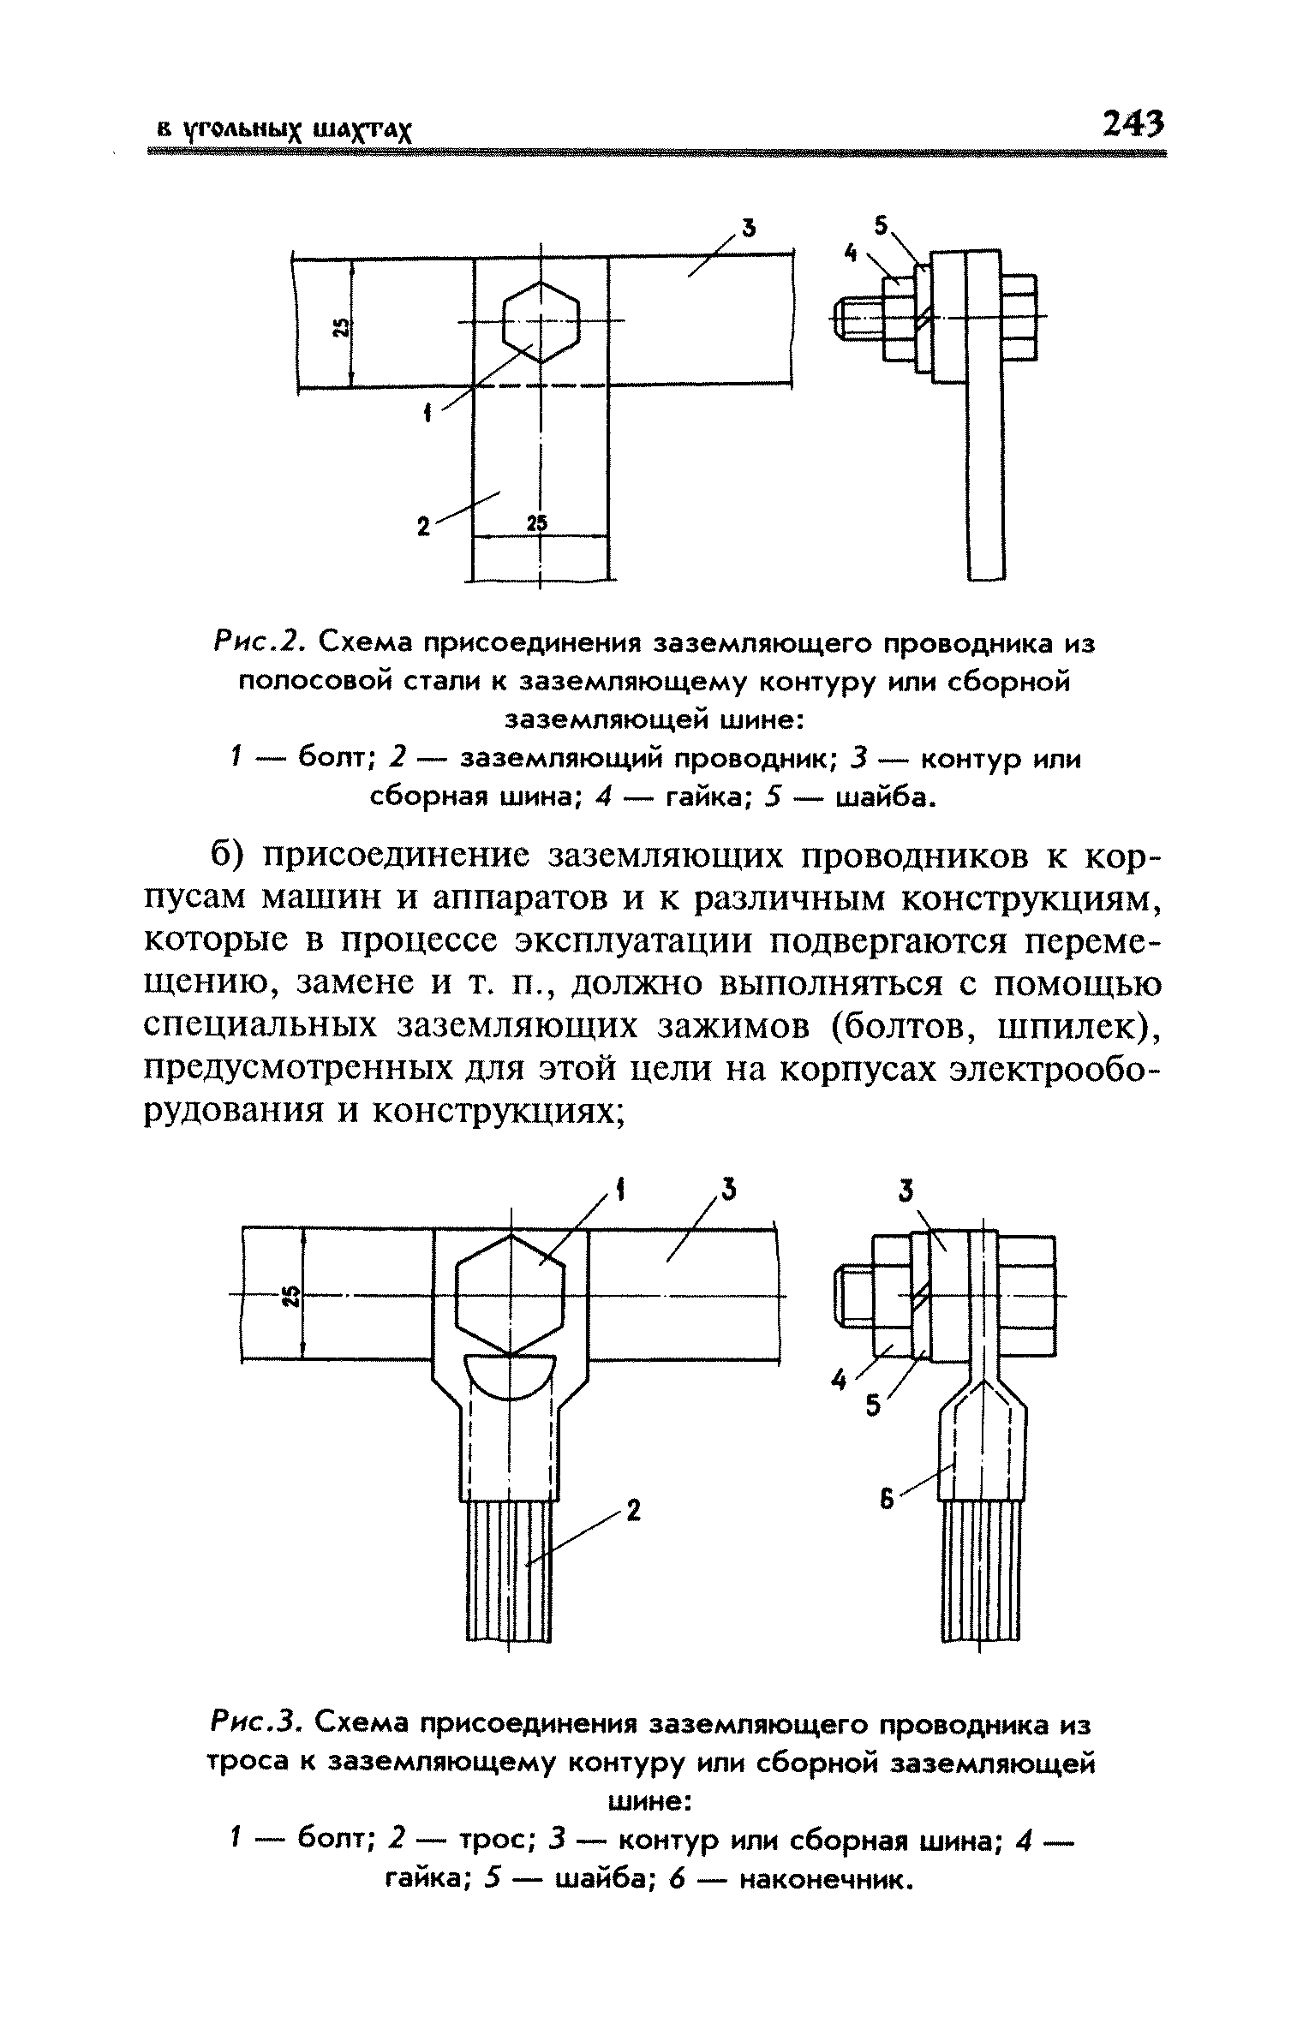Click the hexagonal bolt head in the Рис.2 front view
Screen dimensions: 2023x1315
(541, 322)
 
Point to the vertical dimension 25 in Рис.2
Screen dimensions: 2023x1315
(341, 327)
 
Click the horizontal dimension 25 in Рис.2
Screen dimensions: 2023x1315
(537, 523)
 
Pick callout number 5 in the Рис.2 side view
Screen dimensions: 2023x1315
(880, 226)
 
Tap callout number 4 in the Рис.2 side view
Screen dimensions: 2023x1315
(850, 253)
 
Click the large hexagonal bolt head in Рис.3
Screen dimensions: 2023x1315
(511, 1294)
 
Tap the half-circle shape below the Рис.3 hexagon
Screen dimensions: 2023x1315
(511, 1375)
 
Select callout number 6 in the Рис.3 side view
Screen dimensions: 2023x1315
(887, 1499)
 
